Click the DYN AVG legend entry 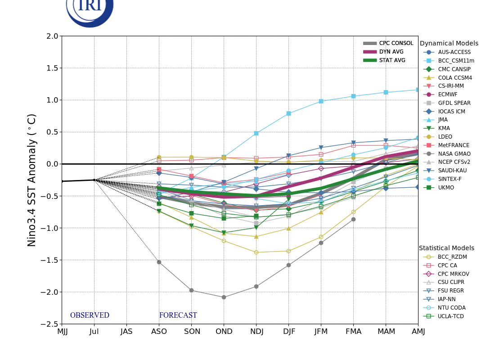391,52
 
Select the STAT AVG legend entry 392,60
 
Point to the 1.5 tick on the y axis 52,68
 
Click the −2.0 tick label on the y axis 50,292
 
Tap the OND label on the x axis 224,332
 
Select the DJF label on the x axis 288,332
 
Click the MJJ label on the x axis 62,332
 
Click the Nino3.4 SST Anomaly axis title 32,180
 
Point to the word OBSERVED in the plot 90,315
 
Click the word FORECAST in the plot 178,315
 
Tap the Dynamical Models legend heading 449,44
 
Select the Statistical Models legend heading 446,248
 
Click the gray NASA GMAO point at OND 224,297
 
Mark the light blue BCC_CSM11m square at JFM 321,101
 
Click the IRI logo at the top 90,9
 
